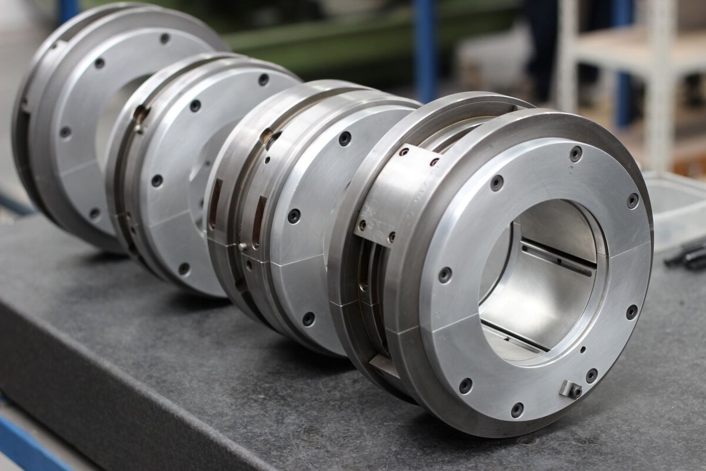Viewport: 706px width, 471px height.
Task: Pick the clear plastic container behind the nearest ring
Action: click(x=677, y=206)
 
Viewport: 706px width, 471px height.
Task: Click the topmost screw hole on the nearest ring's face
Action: click(x=575, y=154)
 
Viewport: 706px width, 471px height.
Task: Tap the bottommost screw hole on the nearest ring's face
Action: click(x=517, y=410)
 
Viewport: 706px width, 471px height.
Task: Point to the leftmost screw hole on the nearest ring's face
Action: click(x=445, y=274)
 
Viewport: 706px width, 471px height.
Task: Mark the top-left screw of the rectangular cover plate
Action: click(x=404, y=152)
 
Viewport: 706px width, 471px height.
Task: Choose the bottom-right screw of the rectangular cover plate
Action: click(x=390, y=237)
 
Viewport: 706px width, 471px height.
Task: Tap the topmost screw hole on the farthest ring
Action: click(x=165, y=39)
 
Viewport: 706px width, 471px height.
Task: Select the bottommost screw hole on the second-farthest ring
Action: click(x=184, y=268)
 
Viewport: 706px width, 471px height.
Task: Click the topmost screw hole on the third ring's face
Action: click(x=345, y=139)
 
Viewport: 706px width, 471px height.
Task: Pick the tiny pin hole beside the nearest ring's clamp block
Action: click(x=582, y=350)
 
